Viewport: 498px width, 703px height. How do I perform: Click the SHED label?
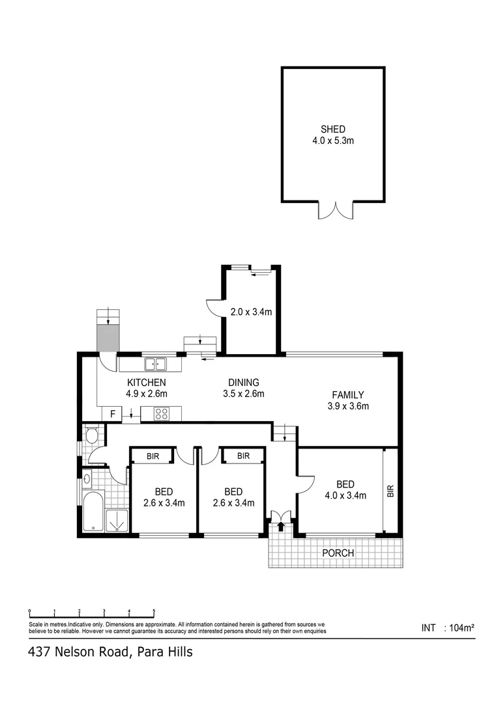(332, 129)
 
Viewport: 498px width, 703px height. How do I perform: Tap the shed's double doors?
(335, 211)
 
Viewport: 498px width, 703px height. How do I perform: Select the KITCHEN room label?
(146, 383)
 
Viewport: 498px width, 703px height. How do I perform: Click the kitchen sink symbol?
(155, 364)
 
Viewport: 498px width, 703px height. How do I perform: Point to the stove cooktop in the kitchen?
(162, 413)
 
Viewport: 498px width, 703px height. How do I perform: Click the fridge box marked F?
(112, 413)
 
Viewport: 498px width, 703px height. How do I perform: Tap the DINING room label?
(243, 383)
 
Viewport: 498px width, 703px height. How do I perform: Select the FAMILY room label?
(347, 394)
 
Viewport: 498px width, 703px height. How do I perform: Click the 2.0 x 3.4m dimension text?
(251, 312)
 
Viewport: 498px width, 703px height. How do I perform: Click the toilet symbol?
(91, 435)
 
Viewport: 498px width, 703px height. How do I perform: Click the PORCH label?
(338, 553)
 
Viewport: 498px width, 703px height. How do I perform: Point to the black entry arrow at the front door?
(281, 527)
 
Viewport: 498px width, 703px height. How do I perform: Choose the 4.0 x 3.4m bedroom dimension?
(345, 495)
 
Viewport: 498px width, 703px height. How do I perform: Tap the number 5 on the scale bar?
(154, 611)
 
